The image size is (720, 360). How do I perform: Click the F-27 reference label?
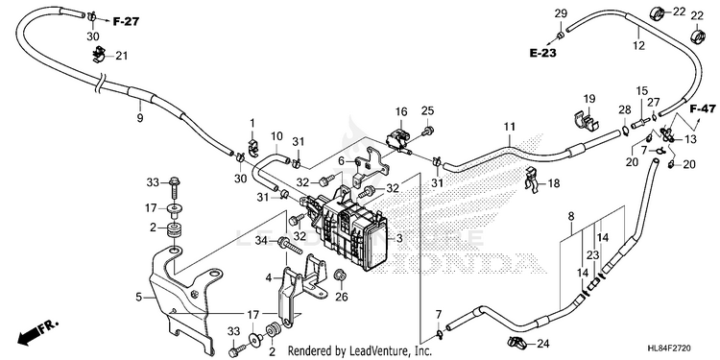tap(126, 21)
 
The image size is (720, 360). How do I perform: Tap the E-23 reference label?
tap(542, 53)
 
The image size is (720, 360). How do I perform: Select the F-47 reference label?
tap(703, 108)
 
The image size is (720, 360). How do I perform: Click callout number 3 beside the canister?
tap(399, 238)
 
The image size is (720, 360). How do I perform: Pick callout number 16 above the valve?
tap(401, 112)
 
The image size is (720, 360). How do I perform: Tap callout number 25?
tap(427, 110)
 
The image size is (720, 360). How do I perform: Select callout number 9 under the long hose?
tap(140, 117)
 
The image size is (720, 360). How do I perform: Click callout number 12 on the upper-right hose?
tap(638, 45)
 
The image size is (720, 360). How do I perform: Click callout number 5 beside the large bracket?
tap(138, 298)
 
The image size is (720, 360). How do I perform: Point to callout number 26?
tap(341, 298)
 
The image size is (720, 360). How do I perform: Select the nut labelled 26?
tap(340, 276)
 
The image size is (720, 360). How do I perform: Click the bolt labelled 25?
tap(428, 132)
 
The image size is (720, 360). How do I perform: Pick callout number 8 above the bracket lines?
tap(571, 215)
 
